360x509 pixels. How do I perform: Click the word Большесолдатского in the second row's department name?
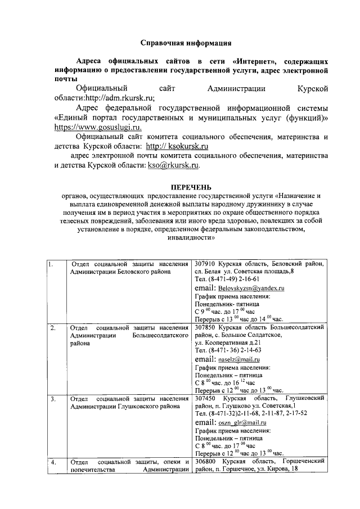(160, 335)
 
